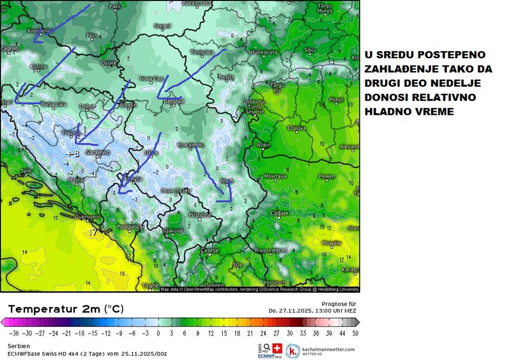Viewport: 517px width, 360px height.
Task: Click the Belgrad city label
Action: (174, 101)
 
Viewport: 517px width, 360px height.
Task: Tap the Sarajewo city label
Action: (98, 152)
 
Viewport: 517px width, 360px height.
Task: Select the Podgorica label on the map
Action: (131, 227)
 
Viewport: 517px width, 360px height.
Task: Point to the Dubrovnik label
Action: (88, 217)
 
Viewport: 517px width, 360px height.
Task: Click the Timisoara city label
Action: (202, 52)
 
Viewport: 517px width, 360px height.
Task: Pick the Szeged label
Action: (162, 26)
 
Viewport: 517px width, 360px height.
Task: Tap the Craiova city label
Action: (296, 128)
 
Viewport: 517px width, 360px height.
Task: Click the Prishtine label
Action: (199, 214)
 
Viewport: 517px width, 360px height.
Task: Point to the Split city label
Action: (26, 171)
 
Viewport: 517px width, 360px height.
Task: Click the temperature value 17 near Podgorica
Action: (93, 233)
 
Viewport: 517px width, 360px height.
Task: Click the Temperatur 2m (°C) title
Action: (65, 309)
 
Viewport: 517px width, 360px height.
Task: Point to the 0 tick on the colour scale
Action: (158, 333)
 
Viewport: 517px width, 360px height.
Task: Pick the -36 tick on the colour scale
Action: (14, 333)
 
